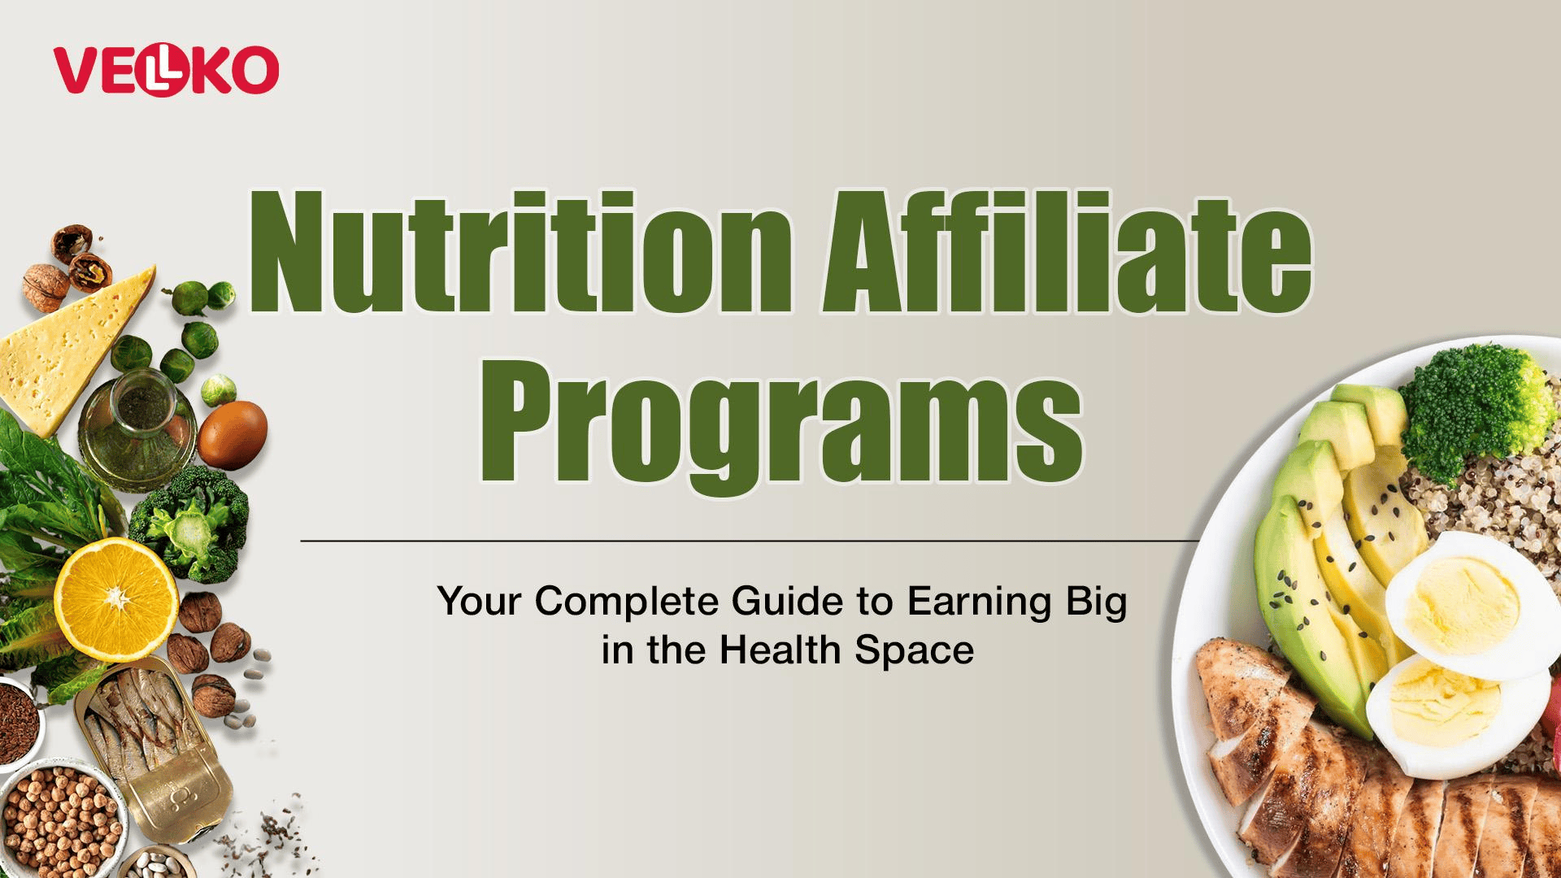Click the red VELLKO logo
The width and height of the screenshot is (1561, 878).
(x=166, y=70)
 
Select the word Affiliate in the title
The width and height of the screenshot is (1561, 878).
(x=1067, y=251)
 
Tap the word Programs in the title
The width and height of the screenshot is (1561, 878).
(x=780, y=426)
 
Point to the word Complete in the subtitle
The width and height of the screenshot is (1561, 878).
(x=627, y=602)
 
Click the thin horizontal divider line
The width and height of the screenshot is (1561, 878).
(x=750, y=540)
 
